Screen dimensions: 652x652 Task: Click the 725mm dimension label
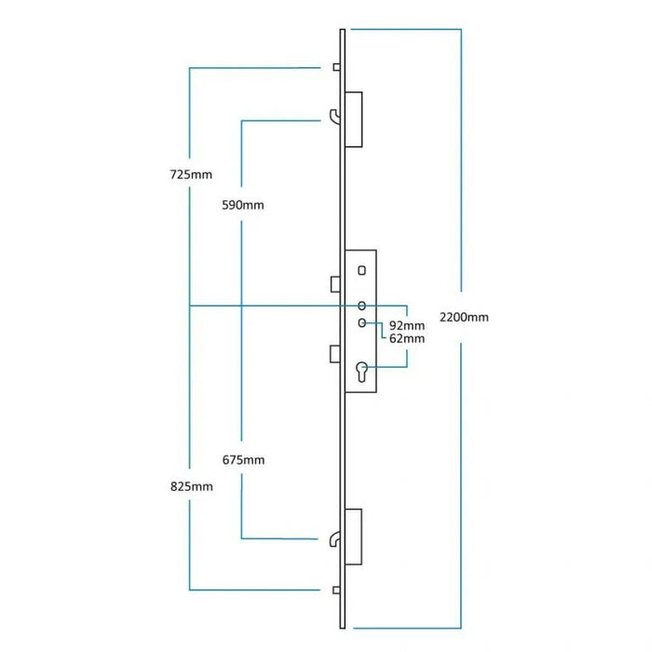tap(191, 175)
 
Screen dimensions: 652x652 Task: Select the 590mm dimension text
tap(243, 205)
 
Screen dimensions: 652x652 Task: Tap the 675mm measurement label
tap(243, 460)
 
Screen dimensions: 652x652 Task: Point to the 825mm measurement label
tap(191, 486)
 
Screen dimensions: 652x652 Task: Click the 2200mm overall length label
tap(465, 318)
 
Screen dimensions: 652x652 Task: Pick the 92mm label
tap(406, 325)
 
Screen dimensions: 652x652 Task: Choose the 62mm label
tap(406, 339)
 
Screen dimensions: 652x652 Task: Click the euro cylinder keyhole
tap(361, 374)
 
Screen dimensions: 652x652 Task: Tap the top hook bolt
tap(335, 115)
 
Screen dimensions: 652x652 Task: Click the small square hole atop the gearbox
tap(360, 270)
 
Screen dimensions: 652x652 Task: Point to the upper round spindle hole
tap(361, 306)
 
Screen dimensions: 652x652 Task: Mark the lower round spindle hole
tap(361, 323)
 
